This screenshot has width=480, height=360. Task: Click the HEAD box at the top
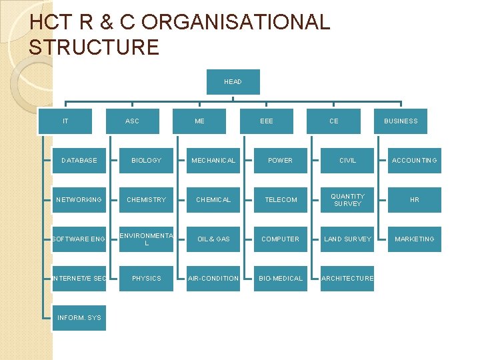(233, 82)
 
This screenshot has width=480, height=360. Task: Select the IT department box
(65, 121)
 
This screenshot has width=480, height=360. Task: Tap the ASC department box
(133, 121)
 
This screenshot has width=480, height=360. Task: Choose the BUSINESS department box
(401, 121)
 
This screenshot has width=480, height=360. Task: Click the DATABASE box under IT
(79, 161)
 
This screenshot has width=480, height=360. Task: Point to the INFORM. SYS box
(79, 317)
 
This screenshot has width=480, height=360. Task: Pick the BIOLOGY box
(147, 161)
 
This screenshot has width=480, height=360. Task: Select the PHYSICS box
(147, 278)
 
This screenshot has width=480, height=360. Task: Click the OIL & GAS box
(213, 239)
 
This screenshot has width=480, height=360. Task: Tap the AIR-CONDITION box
(213, 278)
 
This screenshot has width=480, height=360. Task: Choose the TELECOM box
(281, 200)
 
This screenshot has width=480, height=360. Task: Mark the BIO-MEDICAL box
(281, 278)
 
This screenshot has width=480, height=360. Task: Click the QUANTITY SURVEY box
(347, 200)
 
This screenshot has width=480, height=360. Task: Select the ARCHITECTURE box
(347, 278)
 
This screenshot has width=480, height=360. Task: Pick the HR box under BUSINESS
(415, 200)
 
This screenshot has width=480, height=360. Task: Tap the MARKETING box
(415, 239)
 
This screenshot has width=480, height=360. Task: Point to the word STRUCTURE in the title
(94, 47)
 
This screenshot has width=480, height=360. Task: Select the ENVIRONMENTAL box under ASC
(147, 239)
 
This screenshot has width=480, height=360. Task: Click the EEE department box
(267, 121)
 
